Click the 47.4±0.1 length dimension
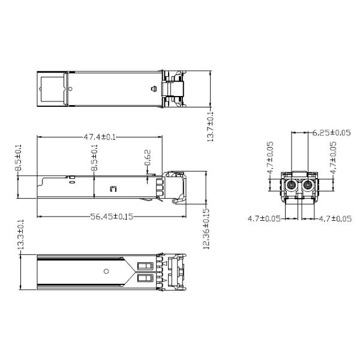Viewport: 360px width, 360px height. click(x=100, y=137)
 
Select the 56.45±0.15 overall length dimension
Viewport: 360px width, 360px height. click(x=112, y=217)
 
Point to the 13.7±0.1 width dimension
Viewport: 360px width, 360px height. click(x=211, y=127)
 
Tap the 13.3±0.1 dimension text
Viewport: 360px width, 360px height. click(x=20, y=235)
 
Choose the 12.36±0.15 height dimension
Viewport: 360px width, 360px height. click(x=206, y=229)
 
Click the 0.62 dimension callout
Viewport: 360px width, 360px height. click(x=148, y=157)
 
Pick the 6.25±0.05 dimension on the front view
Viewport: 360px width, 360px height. click(x=331, y=133)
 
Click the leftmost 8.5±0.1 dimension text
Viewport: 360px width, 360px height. click(x=18, y=157)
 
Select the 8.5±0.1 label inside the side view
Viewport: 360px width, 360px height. click(x=94, y=157)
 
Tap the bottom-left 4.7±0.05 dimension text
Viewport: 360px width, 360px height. click(x=264, y=218)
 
